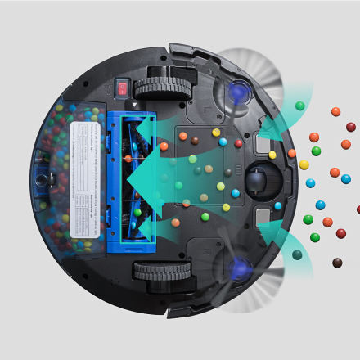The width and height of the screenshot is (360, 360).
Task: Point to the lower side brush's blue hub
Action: click(x=241, y=267)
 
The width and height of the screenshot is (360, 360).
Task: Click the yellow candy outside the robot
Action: click(x=304, y=164)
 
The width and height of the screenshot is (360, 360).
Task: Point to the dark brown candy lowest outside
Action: click(x=337, y=263)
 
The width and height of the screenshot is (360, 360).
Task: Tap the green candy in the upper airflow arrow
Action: click(x=300, y=106)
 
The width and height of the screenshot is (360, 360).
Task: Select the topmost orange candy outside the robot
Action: click(x=335, y=111)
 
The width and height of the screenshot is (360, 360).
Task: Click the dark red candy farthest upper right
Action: click(x=351, y=127)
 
